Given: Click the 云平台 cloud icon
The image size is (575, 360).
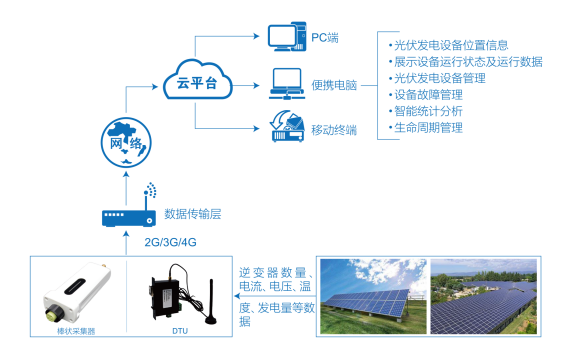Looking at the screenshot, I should [196, 84].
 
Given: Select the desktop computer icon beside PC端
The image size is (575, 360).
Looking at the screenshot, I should [285, 38].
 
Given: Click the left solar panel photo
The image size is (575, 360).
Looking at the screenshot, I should [374, 296].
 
